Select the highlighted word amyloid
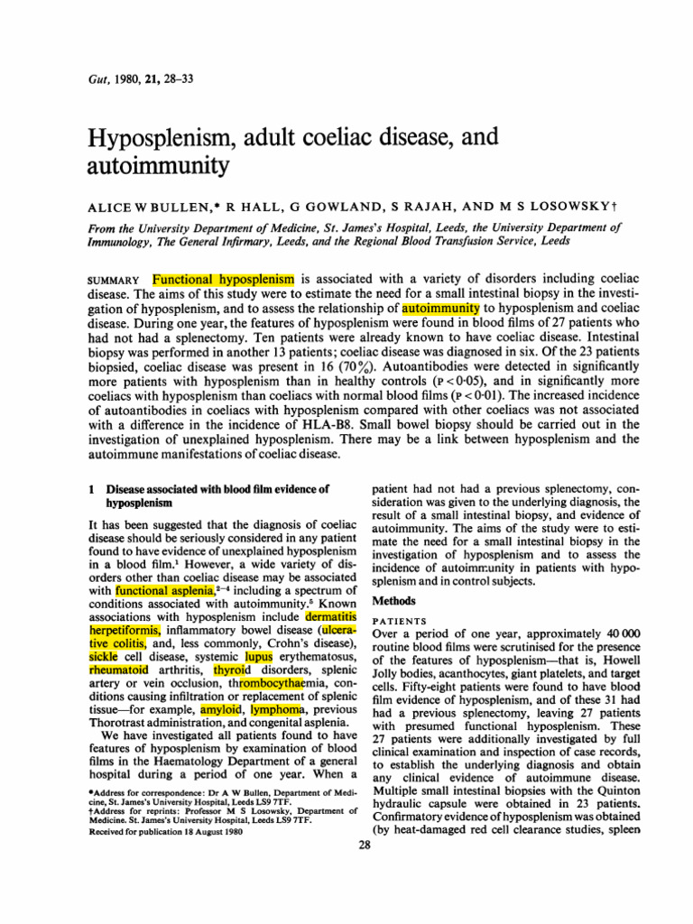coord(222,692)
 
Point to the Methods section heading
coord(394,598)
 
